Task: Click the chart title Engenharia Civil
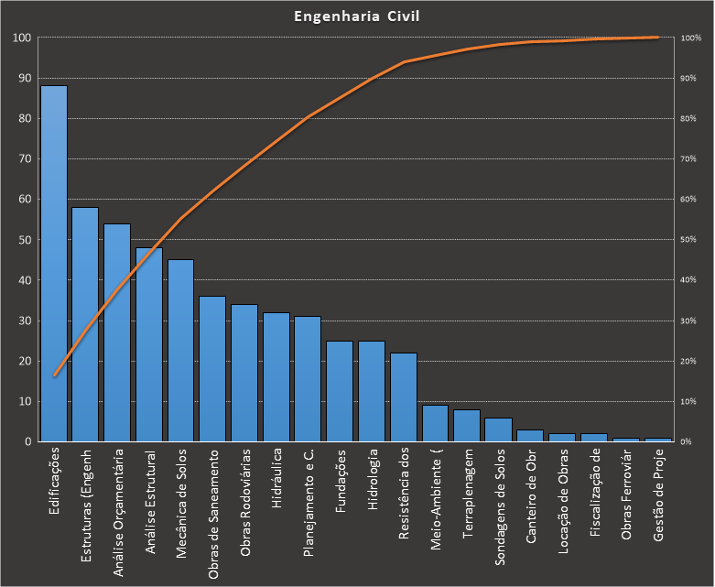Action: pos(357,16)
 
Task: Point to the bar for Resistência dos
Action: pos(403,397)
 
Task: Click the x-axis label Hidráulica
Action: pos(276,478)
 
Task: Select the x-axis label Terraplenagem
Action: pos(468,492)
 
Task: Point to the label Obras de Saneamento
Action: pos(212,514)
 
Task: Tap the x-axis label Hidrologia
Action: pos(372,478)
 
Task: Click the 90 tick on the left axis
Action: pos(23,78)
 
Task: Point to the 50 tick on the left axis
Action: pos(23,240)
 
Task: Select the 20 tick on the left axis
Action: pos(23,361)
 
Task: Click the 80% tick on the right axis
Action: pos(691,119)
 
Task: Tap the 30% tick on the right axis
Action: pos(691,321)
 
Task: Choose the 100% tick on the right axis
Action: pos(691,38)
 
